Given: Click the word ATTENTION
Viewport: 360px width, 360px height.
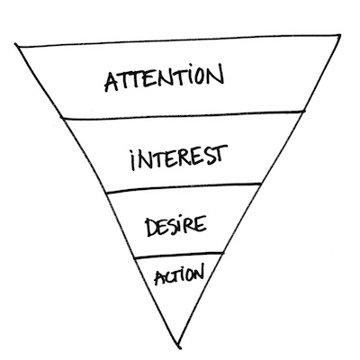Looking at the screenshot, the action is (164, 77).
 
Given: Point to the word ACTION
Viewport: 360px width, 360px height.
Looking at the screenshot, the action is (179, 274).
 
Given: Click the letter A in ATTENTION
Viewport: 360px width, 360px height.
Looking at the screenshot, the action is (112, 82).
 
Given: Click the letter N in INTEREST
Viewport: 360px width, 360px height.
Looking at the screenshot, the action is (144, 161).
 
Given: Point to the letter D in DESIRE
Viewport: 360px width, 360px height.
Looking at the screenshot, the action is (151, 228).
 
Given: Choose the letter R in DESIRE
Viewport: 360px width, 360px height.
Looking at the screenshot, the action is (189, 225).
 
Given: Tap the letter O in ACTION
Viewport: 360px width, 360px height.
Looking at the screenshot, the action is (188, 274).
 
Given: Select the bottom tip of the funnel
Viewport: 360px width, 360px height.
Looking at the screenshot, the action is (179, 348).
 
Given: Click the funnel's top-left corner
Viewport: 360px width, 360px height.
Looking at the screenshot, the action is (15, 45).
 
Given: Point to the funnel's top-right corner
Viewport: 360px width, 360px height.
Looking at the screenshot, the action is (340, 35).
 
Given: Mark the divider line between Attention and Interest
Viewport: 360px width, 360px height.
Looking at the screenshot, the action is (183, 115).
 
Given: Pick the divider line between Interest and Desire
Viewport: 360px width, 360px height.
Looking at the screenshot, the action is (184, 188).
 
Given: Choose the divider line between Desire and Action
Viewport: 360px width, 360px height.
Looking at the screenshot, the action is (179, 255).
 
